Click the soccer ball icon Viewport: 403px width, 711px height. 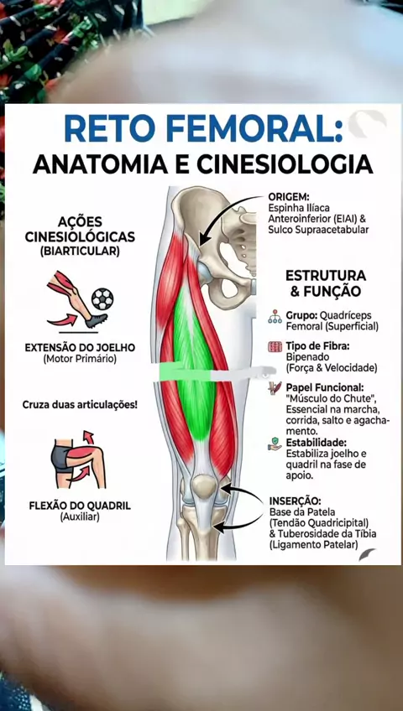pos(102,298)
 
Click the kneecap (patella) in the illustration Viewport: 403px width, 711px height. pos(204,485)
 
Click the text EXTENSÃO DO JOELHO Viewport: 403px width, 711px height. pos(80,348)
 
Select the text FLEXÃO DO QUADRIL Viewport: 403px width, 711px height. pos(80,506)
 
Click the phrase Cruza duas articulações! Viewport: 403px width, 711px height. pos(80,404)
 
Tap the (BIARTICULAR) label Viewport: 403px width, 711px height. pos(80,252)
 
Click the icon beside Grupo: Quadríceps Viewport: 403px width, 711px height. pos(275,316)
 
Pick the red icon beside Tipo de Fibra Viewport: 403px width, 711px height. pos(275,348)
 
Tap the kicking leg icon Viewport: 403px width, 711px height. pos(77,299)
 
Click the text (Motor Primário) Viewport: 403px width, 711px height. pos(80,359)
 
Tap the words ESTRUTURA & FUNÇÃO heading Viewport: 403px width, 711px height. pos(326,283)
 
